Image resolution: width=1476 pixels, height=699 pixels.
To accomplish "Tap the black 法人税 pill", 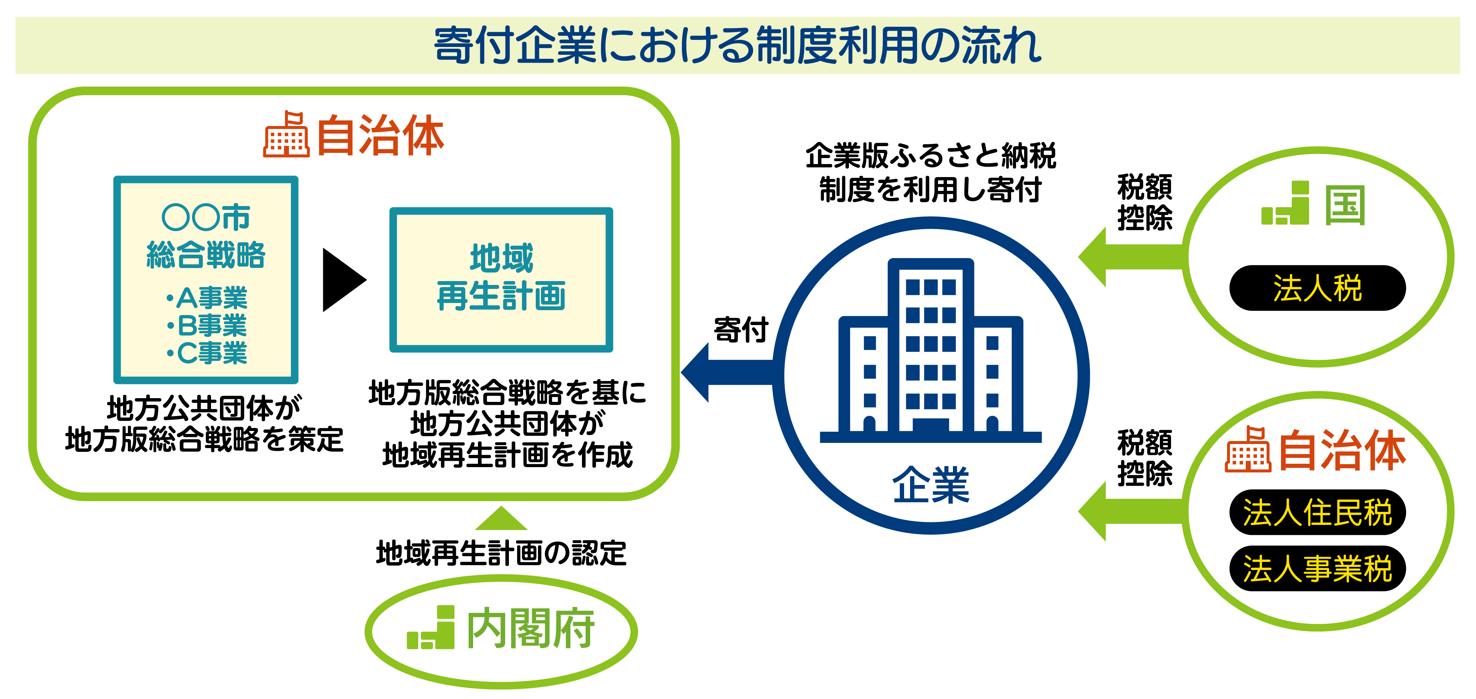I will tap(1317, 288).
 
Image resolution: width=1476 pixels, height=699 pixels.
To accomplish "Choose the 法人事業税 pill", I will tap(1317, 569).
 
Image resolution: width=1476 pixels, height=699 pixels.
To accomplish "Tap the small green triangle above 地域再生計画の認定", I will tap(501, 519).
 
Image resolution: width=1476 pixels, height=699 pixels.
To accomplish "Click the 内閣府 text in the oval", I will tap(531, 629).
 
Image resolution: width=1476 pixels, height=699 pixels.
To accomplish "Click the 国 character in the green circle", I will tap(1344, 205).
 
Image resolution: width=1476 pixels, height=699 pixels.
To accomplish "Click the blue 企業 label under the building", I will tap(931, 485).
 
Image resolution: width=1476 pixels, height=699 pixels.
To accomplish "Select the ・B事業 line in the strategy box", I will tap(206, 325).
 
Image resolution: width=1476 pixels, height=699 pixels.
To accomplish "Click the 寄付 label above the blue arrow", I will tap(740, 330).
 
